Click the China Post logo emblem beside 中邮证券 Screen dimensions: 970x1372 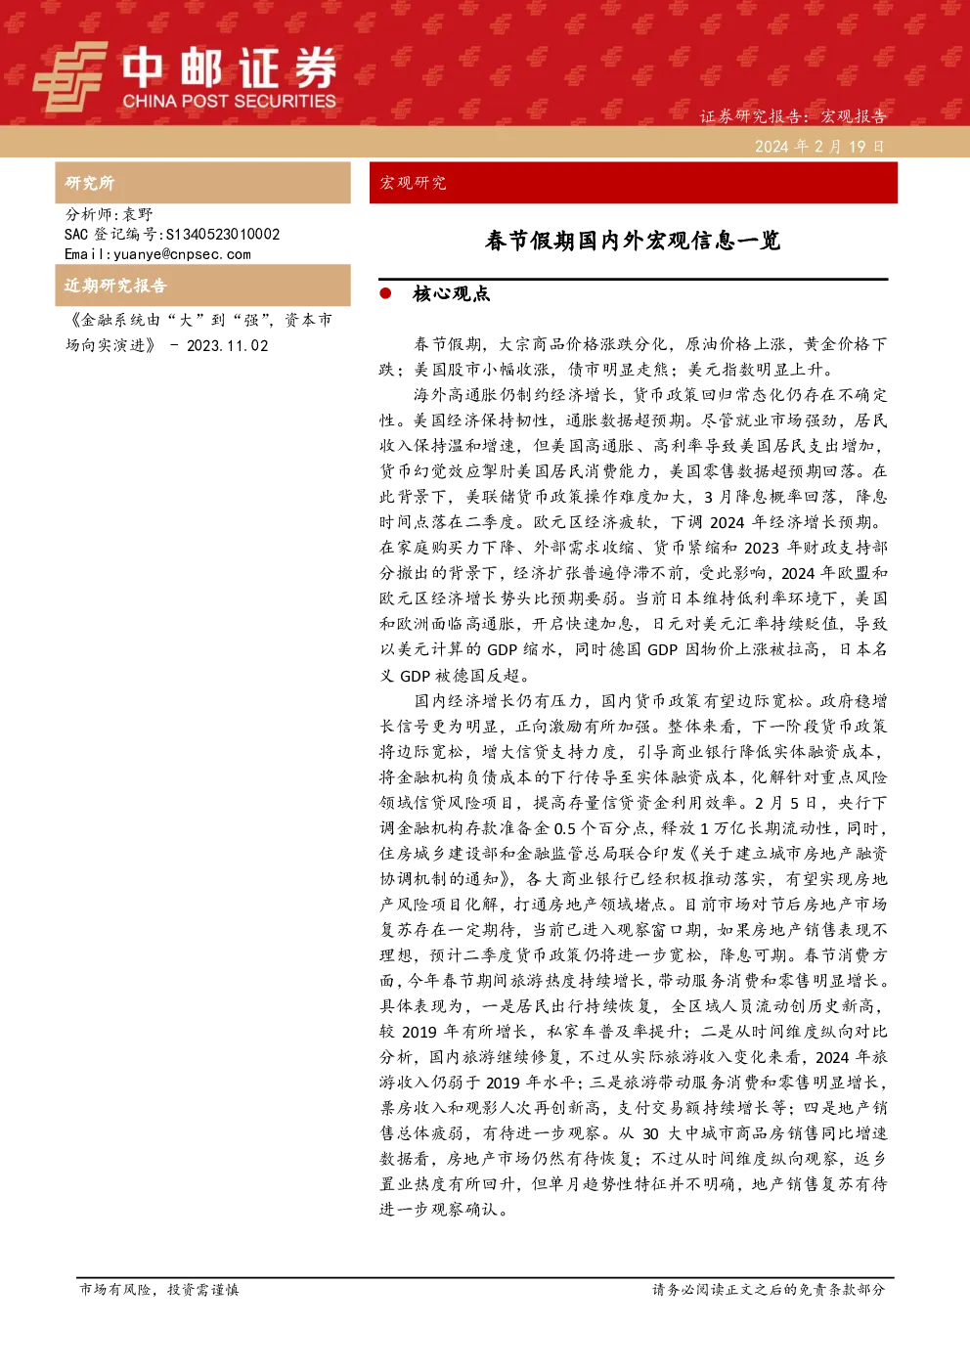pos(70,76)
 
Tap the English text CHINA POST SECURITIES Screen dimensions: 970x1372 pos(229,101)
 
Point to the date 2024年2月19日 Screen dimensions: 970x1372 pos(819,147)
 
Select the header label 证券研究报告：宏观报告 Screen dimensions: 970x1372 pos(793,116)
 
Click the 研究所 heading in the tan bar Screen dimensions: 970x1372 pos(89,183)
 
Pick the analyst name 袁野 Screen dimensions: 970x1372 pos(138,214)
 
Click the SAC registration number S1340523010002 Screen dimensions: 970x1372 pos(223,234)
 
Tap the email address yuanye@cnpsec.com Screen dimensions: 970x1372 pos(182,254)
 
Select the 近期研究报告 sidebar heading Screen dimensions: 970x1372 pos(115,286)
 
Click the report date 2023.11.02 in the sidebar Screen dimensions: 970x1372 pos(227,346)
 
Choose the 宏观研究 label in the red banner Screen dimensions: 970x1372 pos(414,183)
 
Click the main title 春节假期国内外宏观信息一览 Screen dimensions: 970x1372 pos(633,241)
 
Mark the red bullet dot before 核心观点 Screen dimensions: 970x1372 pos(385,294)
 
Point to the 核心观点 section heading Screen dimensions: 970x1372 pos(452,294)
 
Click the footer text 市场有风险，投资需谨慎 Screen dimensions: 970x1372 pos(159,1289)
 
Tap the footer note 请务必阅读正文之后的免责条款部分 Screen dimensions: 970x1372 pos(769,1289)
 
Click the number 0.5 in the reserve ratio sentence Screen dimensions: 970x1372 pos(564,828)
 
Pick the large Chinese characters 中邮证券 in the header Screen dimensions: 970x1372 pos(229,67)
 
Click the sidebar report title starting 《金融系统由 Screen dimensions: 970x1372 pos(199,332)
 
